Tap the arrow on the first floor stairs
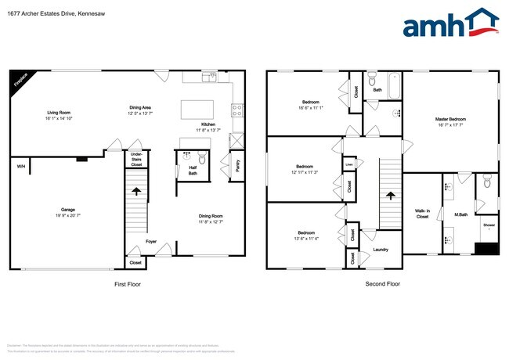(x=137, y=190)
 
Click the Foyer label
(x=151, y=242)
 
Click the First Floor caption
(x=127, y=283)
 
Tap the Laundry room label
(x=381, y=250)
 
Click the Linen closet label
(x=349, y=165)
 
